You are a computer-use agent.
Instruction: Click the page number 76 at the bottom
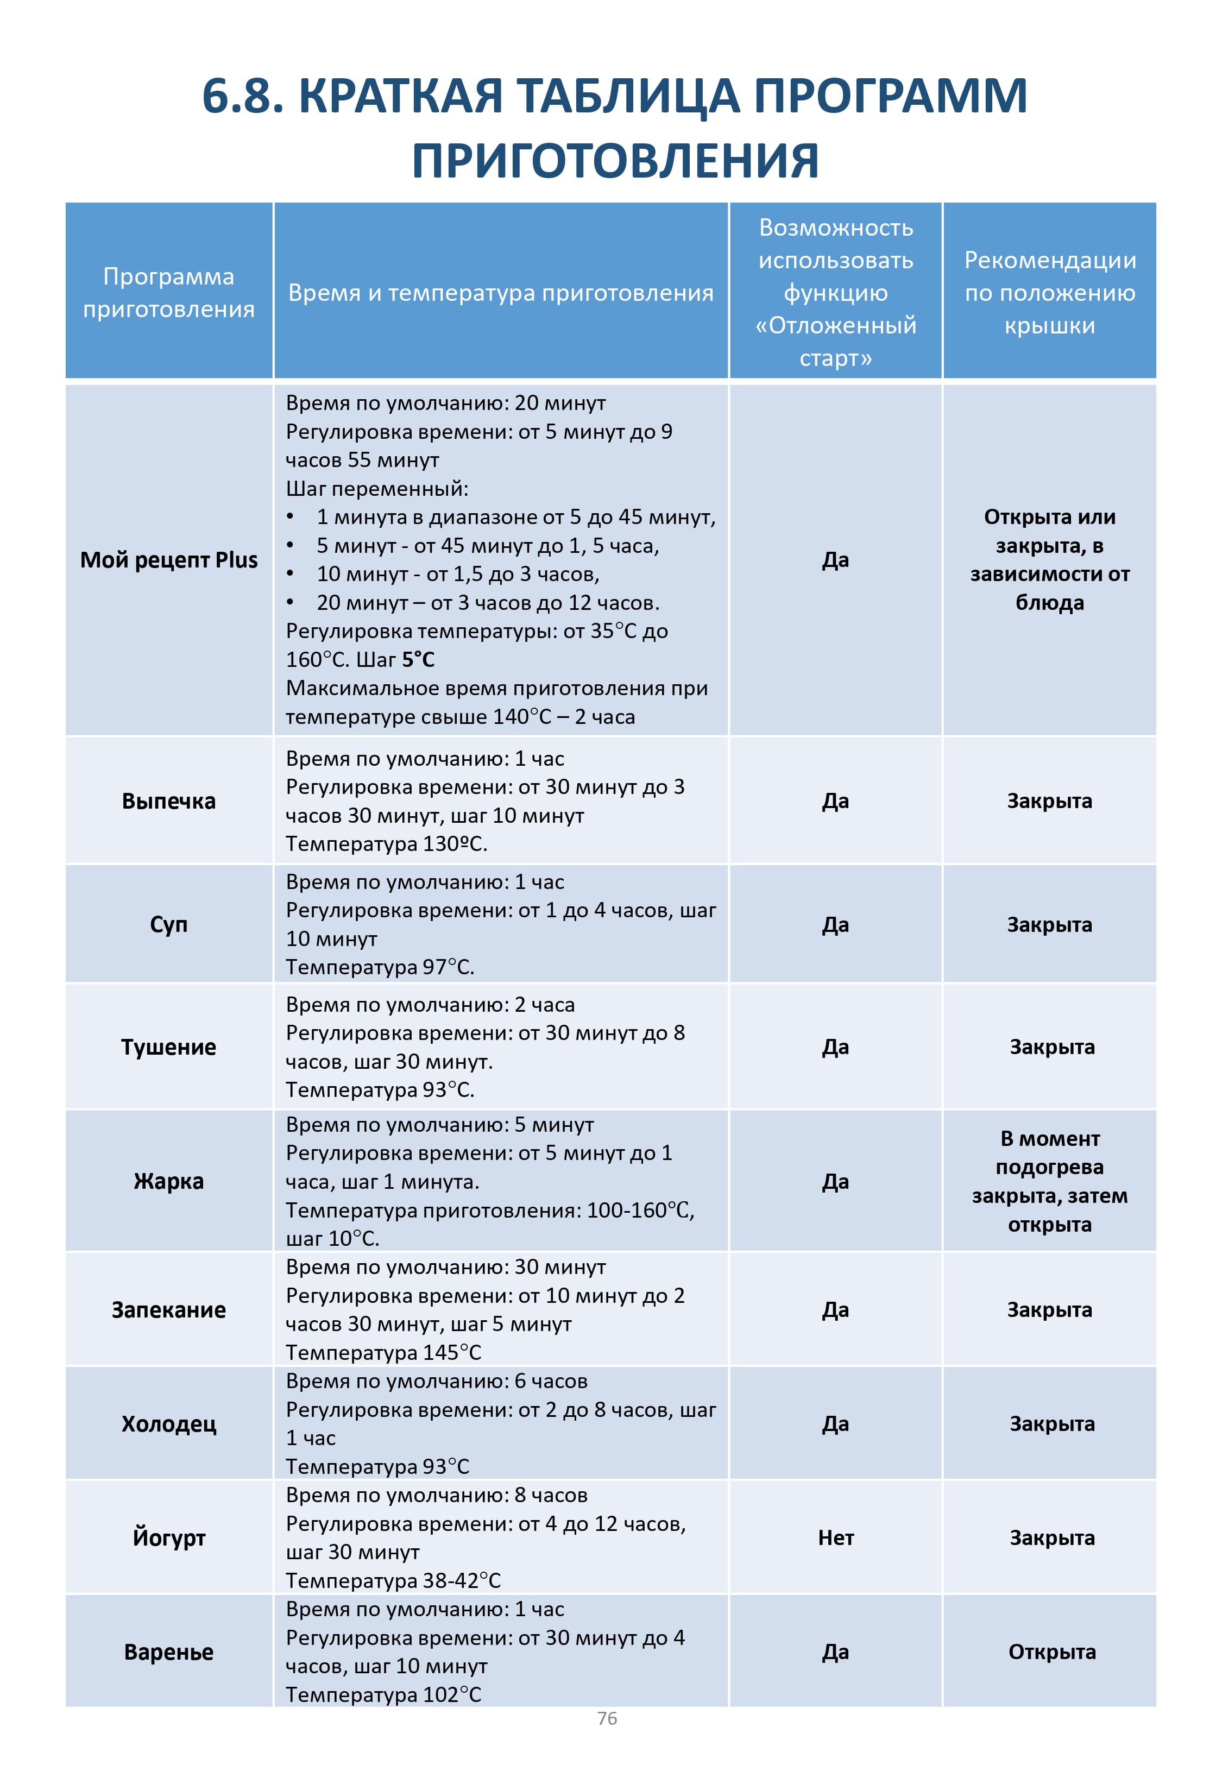pyautogui.click(x=607, y=1718)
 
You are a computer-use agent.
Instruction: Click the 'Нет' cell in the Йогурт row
pyautogui.click(x=835, y=1537)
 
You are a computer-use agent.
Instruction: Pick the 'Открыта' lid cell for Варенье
pyautogui.click(x=1051, y=1651)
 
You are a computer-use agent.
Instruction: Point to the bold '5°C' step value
pyautogui.click(x=418, y=659)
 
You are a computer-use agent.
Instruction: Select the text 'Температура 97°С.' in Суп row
pyautogui.click(x=380, y=967)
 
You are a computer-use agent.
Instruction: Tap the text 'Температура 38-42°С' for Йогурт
pyautogui.click(x=393, y=1580)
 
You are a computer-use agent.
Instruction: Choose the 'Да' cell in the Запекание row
pyautogui.click(x=835, y=1309)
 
